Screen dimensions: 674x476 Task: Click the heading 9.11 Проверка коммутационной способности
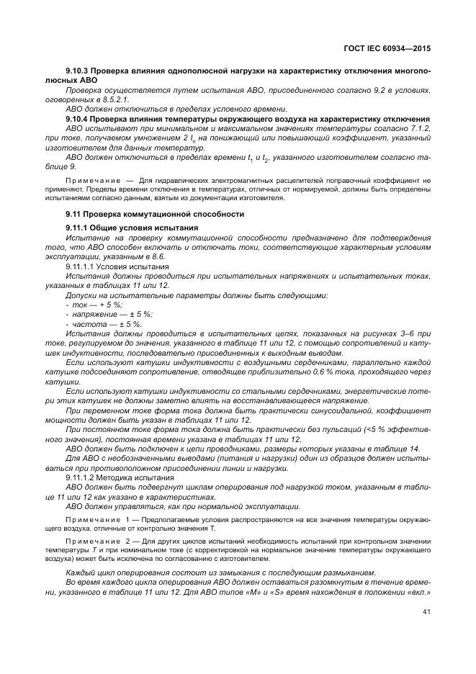[x=154, y=215]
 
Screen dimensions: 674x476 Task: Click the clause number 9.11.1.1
[x=81, y=266]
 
